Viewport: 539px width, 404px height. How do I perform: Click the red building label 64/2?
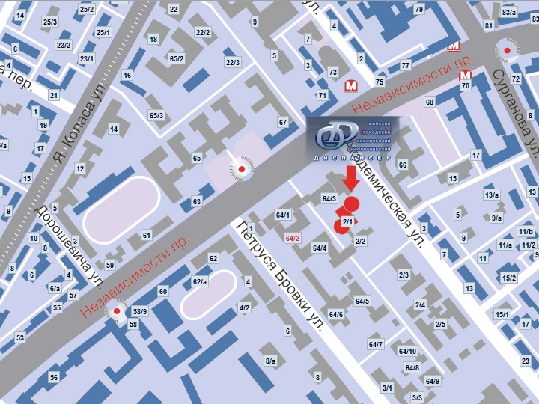click(x=293, y=238)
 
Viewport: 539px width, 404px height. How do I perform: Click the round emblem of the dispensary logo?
click(x=332, y=137)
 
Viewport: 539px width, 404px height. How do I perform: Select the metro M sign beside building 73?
click(x=350, y=86)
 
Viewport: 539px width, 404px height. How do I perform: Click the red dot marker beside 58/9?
click(x=116, y=311)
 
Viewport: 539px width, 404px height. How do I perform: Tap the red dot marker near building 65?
click(x=242, y=170)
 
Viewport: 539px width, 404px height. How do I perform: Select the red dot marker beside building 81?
click(x=510, y=50)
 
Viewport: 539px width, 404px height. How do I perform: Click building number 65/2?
click(x=177, y=58)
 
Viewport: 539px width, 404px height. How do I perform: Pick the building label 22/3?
click(x=233, y=62)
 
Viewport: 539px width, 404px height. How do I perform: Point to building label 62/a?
click(x=200, y=281)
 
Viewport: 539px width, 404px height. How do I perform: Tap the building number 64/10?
click(x=407, y=351)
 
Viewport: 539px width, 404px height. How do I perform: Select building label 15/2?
click(x=509, y=278)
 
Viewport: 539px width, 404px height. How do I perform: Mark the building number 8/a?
click(x=270, y=361)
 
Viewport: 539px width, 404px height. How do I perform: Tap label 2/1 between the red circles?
click(x=347, y=222)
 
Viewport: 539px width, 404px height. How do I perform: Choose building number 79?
click(x=418, y=10)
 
